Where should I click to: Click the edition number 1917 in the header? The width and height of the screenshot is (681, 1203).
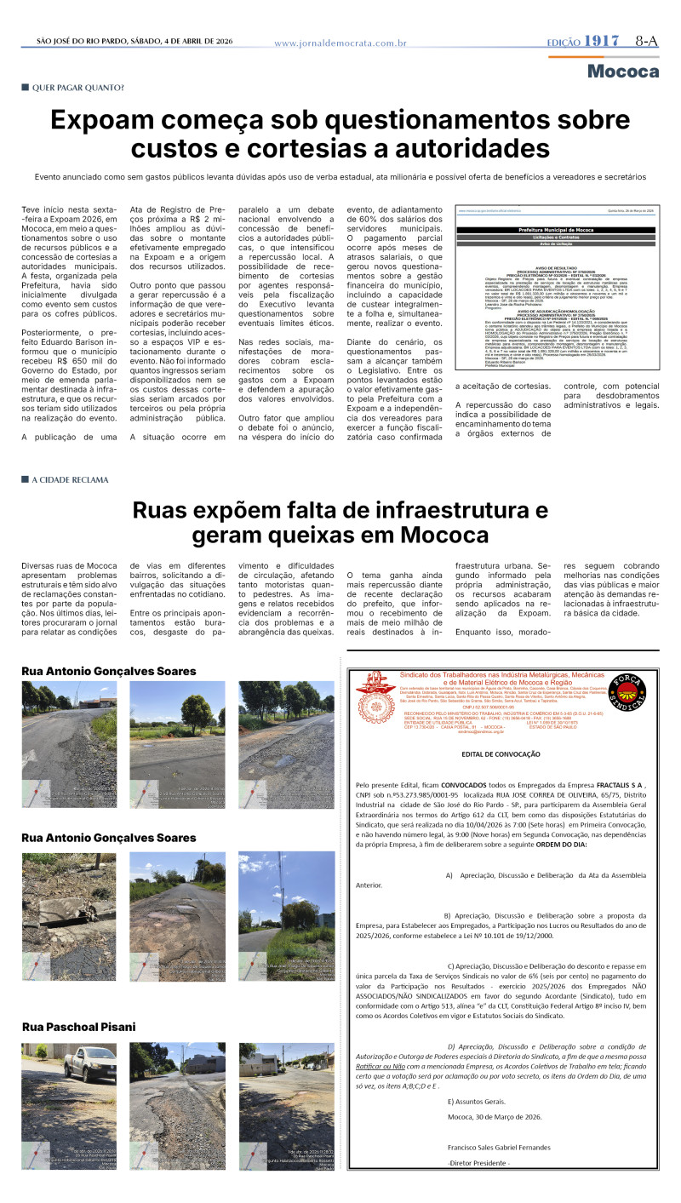click(x=602, y=41)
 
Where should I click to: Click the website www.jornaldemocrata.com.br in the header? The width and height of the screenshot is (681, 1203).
click(x=340, y=43)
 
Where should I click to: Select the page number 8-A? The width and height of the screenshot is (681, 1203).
click(x=646, y=41)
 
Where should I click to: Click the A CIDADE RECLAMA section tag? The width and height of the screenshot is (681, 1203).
click(x=71, y=479)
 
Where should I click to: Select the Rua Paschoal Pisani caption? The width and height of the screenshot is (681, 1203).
click(x=78, y=1027)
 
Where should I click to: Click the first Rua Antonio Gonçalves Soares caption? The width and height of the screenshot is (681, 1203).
click(x=108, y=671)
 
